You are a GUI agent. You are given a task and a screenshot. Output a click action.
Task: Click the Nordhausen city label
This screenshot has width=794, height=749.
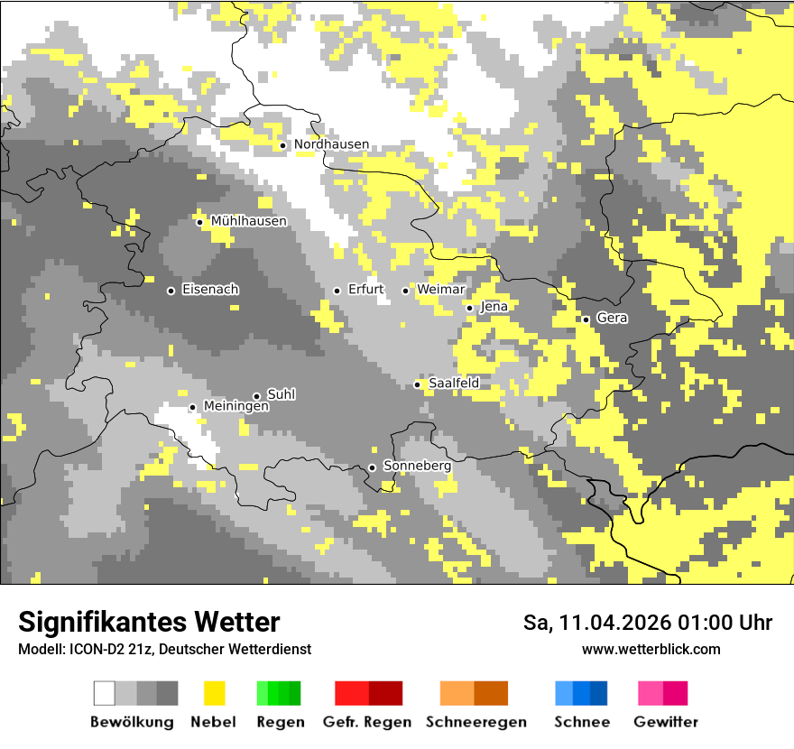point(331,144)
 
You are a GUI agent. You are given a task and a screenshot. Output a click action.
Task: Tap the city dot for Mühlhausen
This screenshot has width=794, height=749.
point(199,222)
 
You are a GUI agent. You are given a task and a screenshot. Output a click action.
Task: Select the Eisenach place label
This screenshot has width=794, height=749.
point(210,290)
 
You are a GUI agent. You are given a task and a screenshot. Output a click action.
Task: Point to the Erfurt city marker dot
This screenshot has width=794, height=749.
point(337,291)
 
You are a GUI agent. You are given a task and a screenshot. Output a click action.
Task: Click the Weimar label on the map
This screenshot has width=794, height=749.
point(441,290)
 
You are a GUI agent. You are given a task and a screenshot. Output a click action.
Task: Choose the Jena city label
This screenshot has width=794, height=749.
point(494,307)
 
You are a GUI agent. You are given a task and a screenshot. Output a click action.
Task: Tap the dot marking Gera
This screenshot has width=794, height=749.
point(586,319)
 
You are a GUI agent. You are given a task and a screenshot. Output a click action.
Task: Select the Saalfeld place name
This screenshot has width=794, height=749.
point(454,384)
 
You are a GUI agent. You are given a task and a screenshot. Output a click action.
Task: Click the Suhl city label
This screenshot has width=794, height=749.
point(282,394)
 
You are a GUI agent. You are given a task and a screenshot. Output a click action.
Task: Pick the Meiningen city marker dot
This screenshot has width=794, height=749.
point(192,407)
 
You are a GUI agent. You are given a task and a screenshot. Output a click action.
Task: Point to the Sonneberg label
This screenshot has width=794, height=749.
point(417,467)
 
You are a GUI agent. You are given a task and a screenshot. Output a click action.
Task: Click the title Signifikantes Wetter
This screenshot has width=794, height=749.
point(149,622)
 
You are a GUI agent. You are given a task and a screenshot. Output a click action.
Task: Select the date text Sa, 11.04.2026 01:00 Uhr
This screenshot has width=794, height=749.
point(648,623)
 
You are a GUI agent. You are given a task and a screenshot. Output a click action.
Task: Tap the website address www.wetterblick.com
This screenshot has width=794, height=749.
point(651,649)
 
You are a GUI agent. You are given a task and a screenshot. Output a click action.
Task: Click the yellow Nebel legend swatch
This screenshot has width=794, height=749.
point(214,693)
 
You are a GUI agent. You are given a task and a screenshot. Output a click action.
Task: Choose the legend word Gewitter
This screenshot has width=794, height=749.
point(666,722)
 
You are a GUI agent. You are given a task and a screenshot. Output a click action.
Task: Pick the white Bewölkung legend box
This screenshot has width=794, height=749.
point(105,693)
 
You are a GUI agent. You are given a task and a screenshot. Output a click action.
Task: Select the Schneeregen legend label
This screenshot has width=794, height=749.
point(476,722)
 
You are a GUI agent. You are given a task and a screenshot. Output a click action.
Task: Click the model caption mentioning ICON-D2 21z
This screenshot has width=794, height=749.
point(164,649)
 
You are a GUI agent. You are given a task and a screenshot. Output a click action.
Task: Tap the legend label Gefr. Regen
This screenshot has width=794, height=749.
point(366,722)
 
